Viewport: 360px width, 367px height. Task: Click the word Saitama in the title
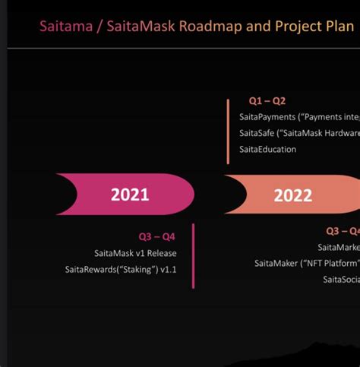63,27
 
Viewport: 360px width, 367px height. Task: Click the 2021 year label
130,195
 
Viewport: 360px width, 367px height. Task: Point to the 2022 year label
292,195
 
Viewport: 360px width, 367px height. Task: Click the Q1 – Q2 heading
267,100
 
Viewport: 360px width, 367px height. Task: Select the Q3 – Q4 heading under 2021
156,236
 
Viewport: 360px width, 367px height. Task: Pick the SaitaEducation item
267,149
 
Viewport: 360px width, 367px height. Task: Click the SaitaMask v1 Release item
130,253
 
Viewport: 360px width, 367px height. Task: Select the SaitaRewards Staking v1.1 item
121,270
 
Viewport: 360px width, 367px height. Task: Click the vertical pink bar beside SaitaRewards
193,256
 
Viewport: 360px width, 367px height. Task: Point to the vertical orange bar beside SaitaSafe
228,131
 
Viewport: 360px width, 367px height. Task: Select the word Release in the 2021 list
158,253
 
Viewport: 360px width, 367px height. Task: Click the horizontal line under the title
182,49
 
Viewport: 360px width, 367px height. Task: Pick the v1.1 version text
168,270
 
